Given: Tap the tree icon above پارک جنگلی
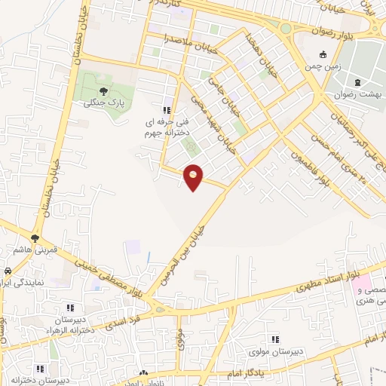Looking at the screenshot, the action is coord(103,91).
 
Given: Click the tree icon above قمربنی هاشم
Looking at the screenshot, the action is coord(35,238).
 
